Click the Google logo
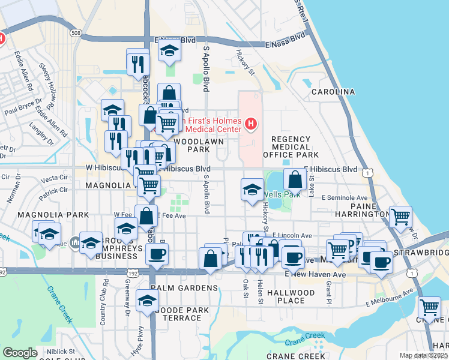coord(20,353)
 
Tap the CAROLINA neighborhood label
coord(333,92)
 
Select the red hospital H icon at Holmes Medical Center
coord(251,125)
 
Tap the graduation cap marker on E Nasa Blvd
coord(170,51)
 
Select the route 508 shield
coord(75,33)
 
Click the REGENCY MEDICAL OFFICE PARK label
coord(291,147)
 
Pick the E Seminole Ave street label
coord(344,197)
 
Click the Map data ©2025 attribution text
coord(423,355)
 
